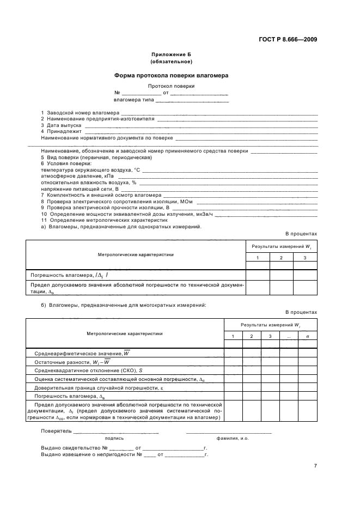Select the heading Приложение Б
click(x=171, y=55)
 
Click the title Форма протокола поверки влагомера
click(x=171, y=76)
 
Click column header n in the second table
click(x=307, y=336)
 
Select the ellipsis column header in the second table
click(x=289, y=336)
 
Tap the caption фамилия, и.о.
click(x=233, y=438)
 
